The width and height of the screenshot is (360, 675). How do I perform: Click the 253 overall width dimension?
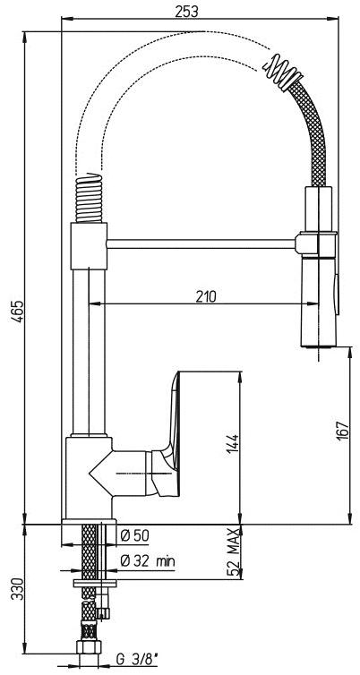click(x=186, y=12)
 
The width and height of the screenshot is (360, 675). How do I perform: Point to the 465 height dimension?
click(x=18, y=310)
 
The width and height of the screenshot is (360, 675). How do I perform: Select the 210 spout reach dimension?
click(x=204, y=296)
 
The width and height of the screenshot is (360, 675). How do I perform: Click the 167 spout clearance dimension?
click(x=342, y=431)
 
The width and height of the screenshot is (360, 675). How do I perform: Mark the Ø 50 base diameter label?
click(x=135, y=536)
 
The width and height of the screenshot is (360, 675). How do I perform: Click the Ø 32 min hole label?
click(x=147, y=561)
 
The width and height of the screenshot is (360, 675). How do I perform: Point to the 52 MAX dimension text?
click(x=233, y=551)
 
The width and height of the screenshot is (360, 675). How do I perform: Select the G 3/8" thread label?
click(x=136, y=658)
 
